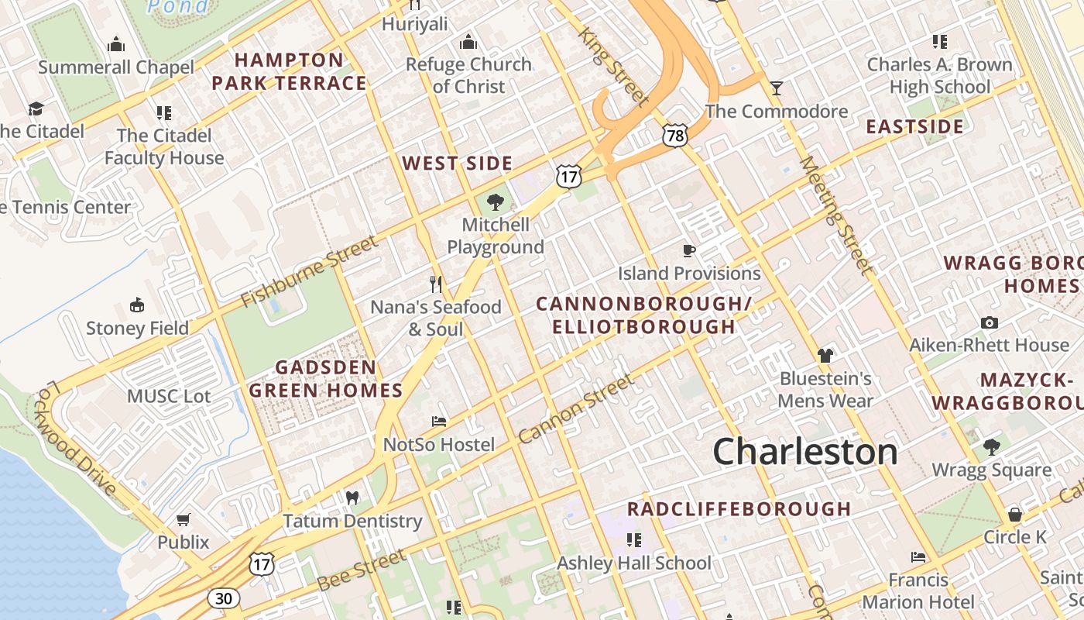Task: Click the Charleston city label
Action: click(805, 451)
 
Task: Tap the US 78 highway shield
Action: click(674, 136)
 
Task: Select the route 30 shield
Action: click(223, 598)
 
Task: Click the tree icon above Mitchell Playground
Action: click(495, 203)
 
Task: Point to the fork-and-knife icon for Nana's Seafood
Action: click(436, 284)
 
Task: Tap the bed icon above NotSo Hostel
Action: click(439, 422)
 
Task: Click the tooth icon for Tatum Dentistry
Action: click(352, 498)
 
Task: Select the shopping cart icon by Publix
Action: click(184, 519)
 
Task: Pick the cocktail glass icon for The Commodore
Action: click(777, 88)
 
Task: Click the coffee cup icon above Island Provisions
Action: click(689, 250)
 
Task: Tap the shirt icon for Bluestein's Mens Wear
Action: click(825, 356)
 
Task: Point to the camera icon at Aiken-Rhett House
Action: click(989, 322)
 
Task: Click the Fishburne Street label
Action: click(309, 271)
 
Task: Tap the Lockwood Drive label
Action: click(77, 438)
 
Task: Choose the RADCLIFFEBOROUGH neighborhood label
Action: click(739, 509)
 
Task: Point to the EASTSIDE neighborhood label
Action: click(914, 126)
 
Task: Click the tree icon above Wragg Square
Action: click(992, 446)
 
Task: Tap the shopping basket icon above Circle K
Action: click(1014, 515)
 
